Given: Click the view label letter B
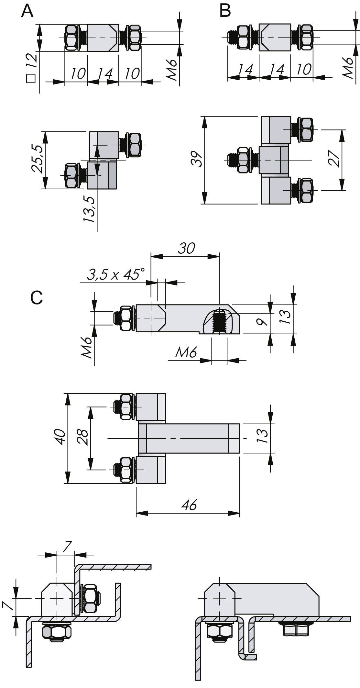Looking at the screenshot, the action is click(x=225, y=11).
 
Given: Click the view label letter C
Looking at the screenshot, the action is click(x=37, y=297).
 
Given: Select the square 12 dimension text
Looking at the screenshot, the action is click(x=31, y=68).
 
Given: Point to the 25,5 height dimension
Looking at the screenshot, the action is click(x=37, y=159).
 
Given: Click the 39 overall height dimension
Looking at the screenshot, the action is click(x=197, y=159).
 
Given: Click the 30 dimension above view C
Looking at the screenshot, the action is click(x=187, y=248).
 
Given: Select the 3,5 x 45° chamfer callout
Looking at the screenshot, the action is click(x=115, y=275).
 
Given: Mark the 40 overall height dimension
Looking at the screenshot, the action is click(x=61, y=438).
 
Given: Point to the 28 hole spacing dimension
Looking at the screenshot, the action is click(x=83, y=438).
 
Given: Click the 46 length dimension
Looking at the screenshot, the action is click(x=190, y=505).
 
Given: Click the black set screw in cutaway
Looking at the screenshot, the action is click(x=220, y=321).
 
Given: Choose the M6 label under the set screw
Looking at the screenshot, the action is click(x=186, y=352).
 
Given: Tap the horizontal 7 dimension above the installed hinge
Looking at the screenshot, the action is click(x=67, y=547).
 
